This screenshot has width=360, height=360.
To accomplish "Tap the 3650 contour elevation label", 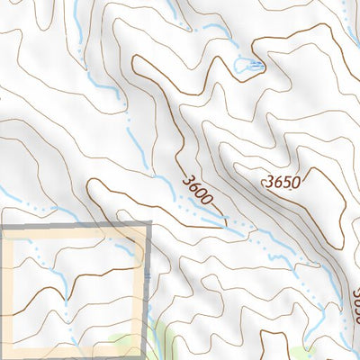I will pyautogui.click(x=282, y=182).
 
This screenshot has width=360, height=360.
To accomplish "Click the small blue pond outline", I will pyautogui.click(x=244, y=65).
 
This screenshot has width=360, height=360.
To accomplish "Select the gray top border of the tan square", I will pyautogui.click(x=72, y=228).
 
